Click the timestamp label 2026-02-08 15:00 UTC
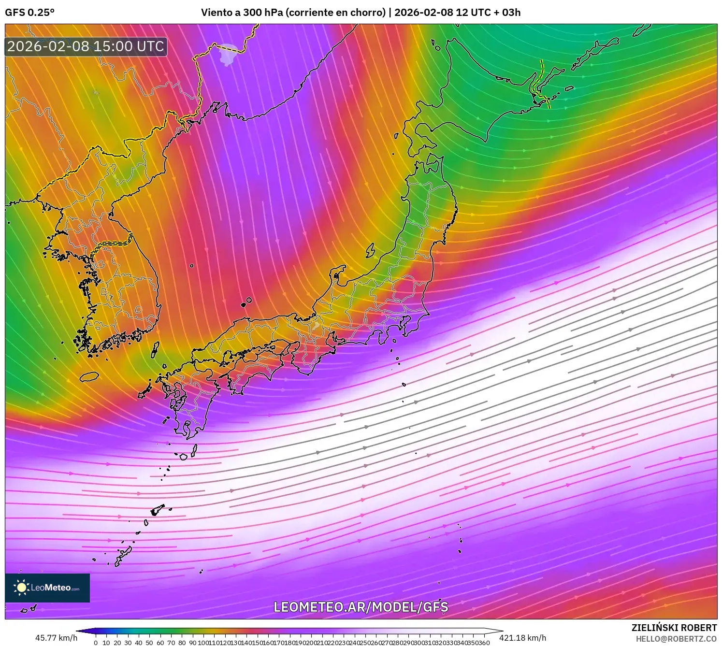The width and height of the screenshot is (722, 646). point(86,46)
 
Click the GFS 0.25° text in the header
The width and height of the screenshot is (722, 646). point(30,13)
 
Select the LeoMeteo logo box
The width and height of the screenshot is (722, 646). point(47,588)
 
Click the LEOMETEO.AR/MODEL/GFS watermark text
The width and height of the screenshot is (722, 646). point(361,607)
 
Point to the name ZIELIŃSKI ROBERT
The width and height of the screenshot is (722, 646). point(674,628)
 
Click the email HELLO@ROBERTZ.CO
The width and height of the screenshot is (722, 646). point(676,639)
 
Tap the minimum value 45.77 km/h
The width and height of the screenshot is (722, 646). point(56,638)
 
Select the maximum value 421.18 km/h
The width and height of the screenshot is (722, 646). point(522,638)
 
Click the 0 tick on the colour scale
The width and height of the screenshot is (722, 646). point(96,643)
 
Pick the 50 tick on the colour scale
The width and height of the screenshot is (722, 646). point(150,643)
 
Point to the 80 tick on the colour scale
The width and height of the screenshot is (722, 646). point(182,643)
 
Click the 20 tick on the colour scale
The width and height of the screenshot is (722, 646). point(117,643)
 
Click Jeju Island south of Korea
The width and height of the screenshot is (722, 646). point(89,376)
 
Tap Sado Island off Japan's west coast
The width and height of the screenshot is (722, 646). point(371,250)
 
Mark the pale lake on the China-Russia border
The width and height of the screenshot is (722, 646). point(228,54)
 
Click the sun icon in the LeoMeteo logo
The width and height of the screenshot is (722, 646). point(22,588)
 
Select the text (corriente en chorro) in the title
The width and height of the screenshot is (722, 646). point(336,13)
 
